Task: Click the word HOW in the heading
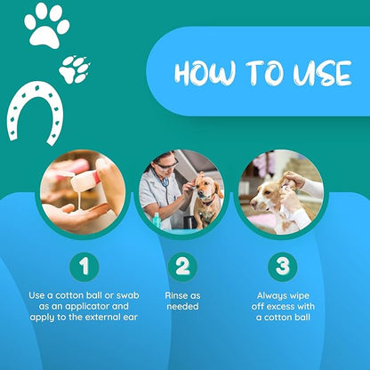point(205,72)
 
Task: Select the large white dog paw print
point(47,26)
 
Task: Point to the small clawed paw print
point(75,69)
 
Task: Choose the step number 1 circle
point(84,266)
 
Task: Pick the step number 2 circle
point(182,266)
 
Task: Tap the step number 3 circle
point(283,266)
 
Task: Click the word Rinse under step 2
point(175,295)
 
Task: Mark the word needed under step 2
point(182,306)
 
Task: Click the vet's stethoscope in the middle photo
point(164,185)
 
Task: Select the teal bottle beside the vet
point(157,221)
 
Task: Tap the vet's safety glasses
point(167,164)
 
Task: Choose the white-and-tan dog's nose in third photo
point(253,205)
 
